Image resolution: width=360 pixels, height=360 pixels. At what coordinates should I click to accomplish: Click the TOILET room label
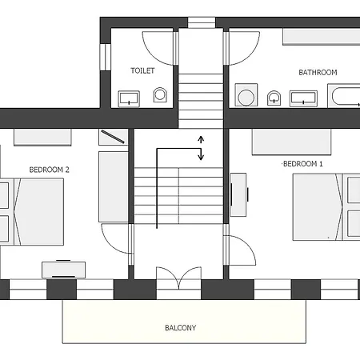(x=142, y=70)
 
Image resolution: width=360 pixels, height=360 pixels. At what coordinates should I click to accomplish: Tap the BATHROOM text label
(x=318, y=72)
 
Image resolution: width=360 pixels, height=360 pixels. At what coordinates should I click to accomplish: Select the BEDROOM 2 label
(x=50, y=170)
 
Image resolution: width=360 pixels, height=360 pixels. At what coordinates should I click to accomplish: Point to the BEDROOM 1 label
(x=303, y=164)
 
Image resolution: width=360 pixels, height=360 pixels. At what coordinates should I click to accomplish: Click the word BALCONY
(x=180, y=328)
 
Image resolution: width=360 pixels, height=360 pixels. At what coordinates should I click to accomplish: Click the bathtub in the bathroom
(x=343, y=97)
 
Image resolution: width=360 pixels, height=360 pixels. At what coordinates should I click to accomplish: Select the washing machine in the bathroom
(x=245, y=98)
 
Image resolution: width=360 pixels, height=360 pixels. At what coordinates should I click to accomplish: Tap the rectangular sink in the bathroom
(x=302, y=98)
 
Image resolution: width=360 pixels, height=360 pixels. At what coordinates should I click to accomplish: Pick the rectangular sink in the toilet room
(x=128, y=98)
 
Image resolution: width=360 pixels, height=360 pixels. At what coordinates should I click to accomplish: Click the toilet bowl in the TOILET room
(x=160, y=96)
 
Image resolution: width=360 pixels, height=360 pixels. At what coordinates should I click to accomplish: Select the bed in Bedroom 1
(x=325, y=206)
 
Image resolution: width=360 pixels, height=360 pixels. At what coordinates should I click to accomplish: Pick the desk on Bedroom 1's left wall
(x=239, y=194)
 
